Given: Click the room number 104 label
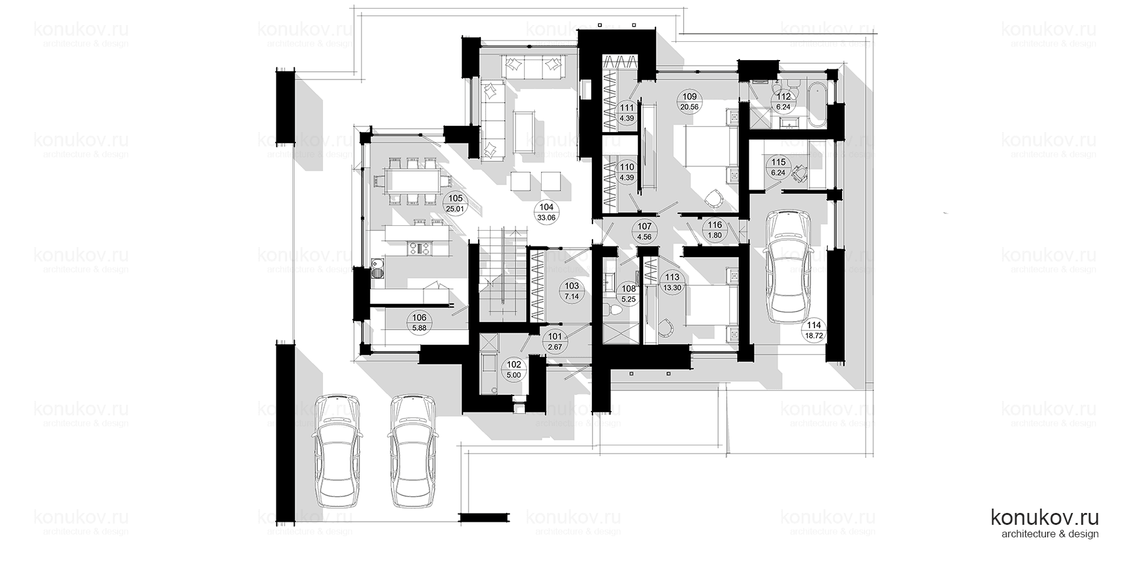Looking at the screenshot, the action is click(546, 207).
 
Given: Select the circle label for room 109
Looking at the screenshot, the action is click(689, 101).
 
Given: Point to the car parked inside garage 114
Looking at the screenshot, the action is click(786, 266).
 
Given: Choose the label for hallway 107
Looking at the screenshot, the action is click(644, 231).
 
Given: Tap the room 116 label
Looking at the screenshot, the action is click(714, 230).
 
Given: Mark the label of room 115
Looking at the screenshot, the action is click(778, 167).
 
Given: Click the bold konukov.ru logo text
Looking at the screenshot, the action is click(1045, 517).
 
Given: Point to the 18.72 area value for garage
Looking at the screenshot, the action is click(814, 335).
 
